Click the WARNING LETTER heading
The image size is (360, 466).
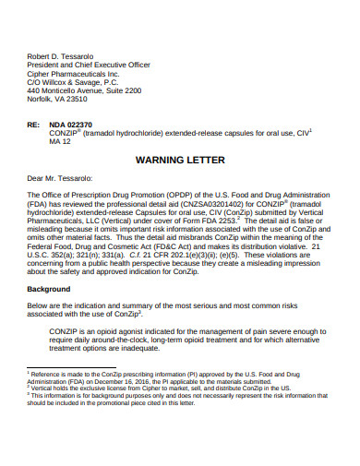point(179,160)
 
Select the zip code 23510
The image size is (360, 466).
point(88,101)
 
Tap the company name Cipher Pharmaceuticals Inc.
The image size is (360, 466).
point(74,73)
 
